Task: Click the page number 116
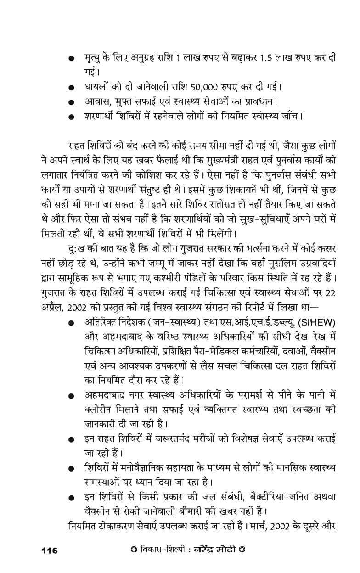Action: [50, 550]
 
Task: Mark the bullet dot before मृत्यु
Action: [71, 59]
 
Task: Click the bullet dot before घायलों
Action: [71, 88]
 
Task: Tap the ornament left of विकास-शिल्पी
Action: [134, 550]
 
